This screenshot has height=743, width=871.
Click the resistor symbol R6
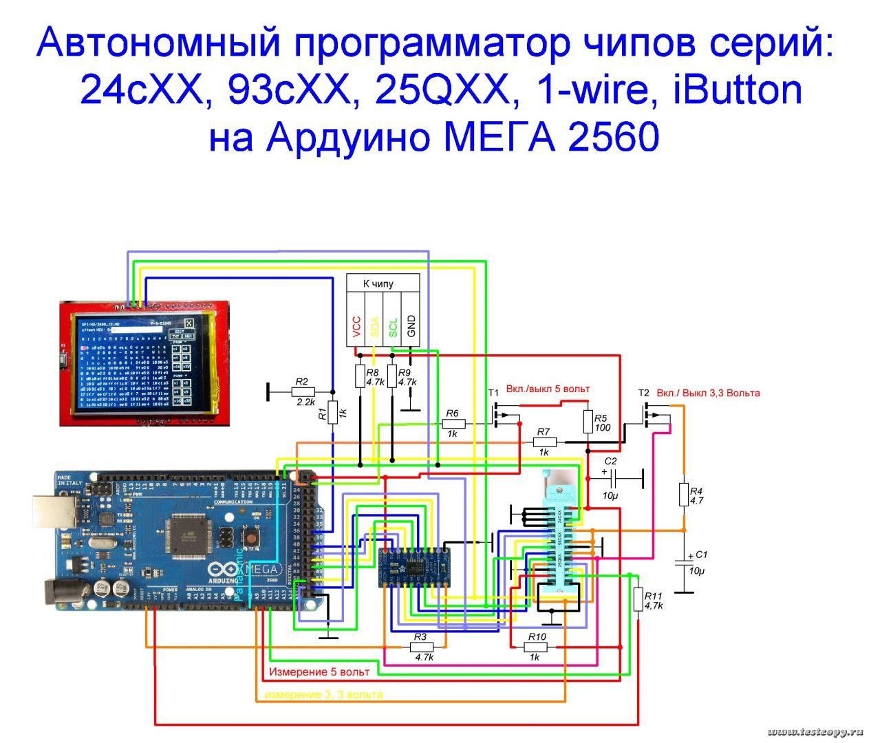tap(453, 424)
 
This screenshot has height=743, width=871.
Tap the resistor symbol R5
tap(588, 421)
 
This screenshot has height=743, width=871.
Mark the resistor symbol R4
tap(683, 493)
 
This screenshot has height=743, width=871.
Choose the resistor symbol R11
tap(638, 599)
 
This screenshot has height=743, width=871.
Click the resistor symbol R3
tap(420, 647)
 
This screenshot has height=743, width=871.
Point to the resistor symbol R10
tap(537, 647)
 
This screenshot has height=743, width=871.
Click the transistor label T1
tap(493, 392)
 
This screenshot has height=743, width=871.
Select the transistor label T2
tap(643, 393)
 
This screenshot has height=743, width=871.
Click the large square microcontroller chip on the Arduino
tap(190, 533)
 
